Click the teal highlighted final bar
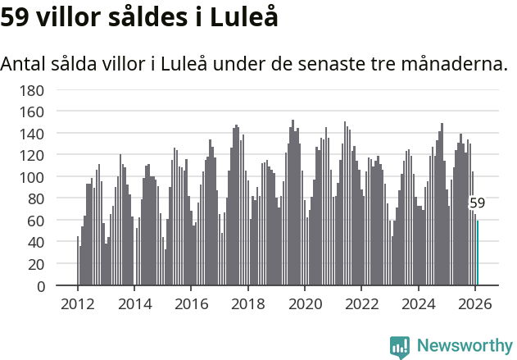point(478,253)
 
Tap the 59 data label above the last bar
point(477,203)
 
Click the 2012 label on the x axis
point(78,303)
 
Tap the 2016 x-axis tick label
point(191,303)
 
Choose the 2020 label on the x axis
point(305,303)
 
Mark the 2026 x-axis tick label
point(475,303)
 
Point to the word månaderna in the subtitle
point(457,64)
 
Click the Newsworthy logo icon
point(400,346)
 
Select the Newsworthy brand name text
point(464,346)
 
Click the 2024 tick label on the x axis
point(419,303)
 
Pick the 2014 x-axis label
point(134,303)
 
